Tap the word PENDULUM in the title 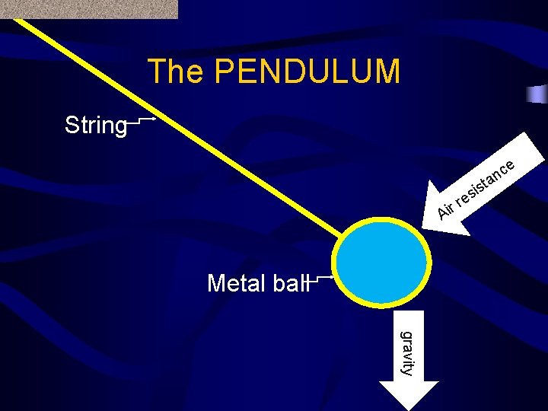click(307, 72)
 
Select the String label click(96, 125)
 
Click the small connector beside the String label click(142, 121)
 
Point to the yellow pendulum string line click(175, 122)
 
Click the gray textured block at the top click(89, 8)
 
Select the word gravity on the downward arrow click(409, 352)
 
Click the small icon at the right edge click(538, 94)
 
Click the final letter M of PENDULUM click(387, 72)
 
